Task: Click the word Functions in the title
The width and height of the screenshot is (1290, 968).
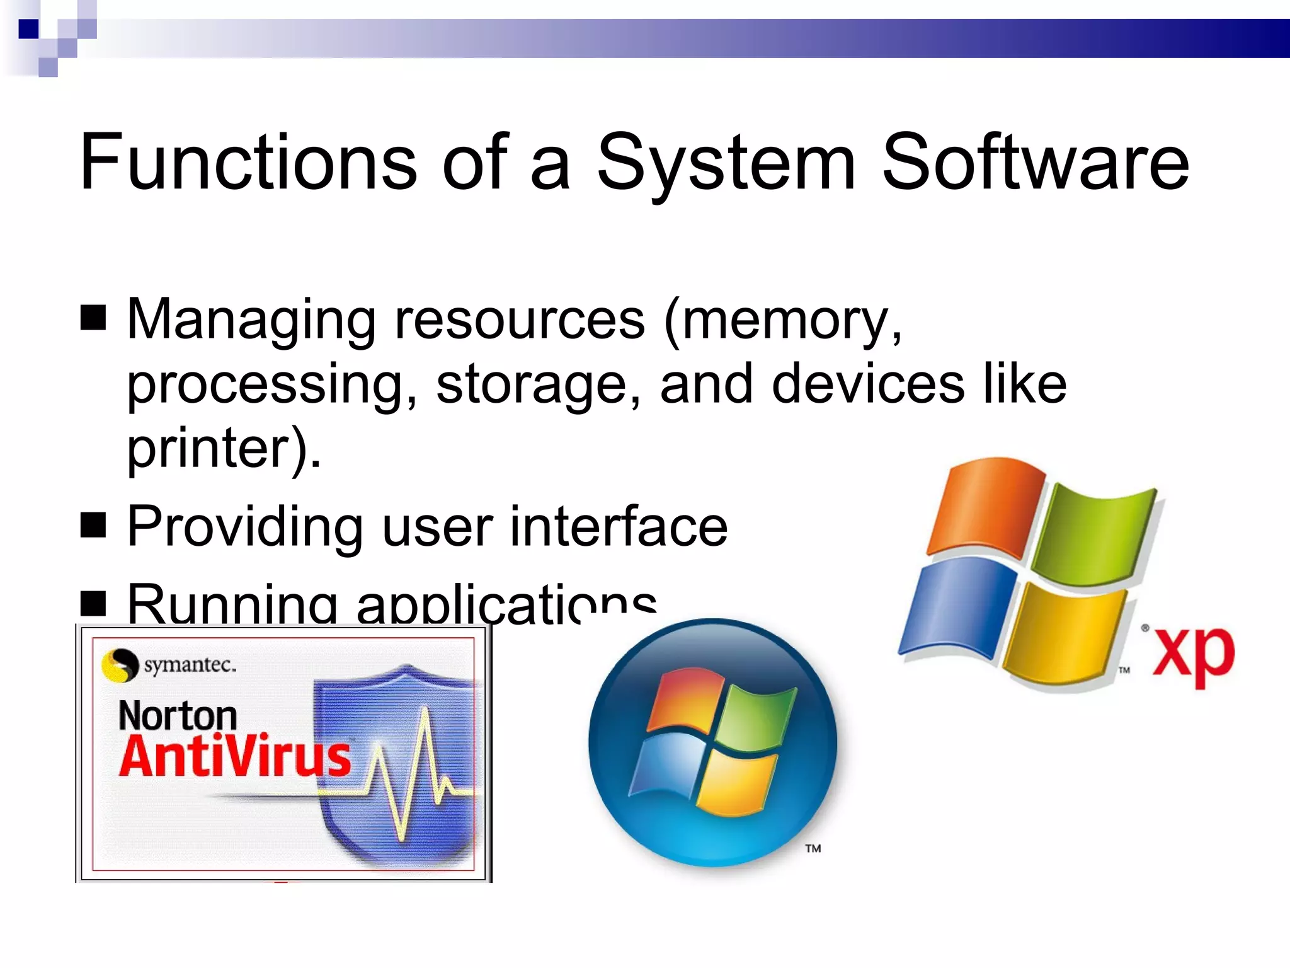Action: [x=248, y=162]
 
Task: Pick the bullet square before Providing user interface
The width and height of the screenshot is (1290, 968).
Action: [x=93, y=524]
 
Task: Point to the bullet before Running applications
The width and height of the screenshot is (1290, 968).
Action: [x=93, y=602]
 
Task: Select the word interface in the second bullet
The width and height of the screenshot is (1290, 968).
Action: [x=618, y=526]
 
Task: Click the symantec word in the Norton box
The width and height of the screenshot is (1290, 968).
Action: [x=190, y=664]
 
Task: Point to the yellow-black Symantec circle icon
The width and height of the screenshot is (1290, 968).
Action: [x=119, y=665]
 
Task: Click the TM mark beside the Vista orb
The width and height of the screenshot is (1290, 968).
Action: [x=813, y=848]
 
